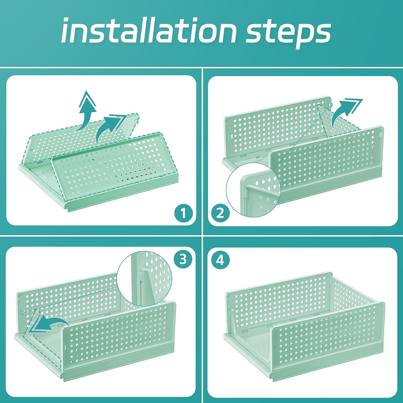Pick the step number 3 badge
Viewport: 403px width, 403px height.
tap(183, 260)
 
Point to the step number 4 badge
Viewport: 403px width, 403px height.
tap(220, 260)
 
